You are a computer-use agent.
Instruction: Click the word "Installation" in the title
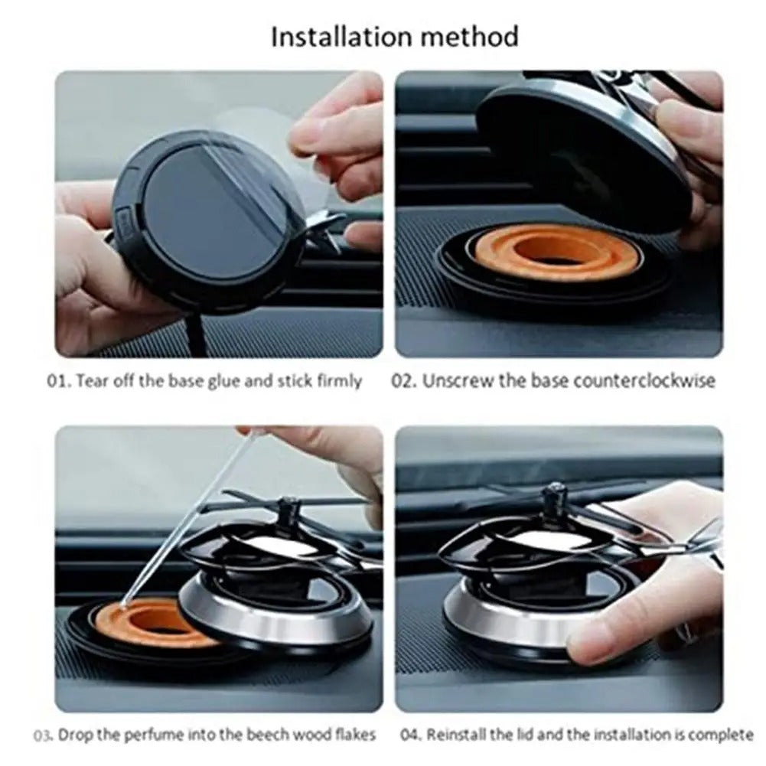(336, 37)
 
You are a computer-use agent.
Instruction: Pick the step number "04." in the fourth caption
(411, 735)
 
